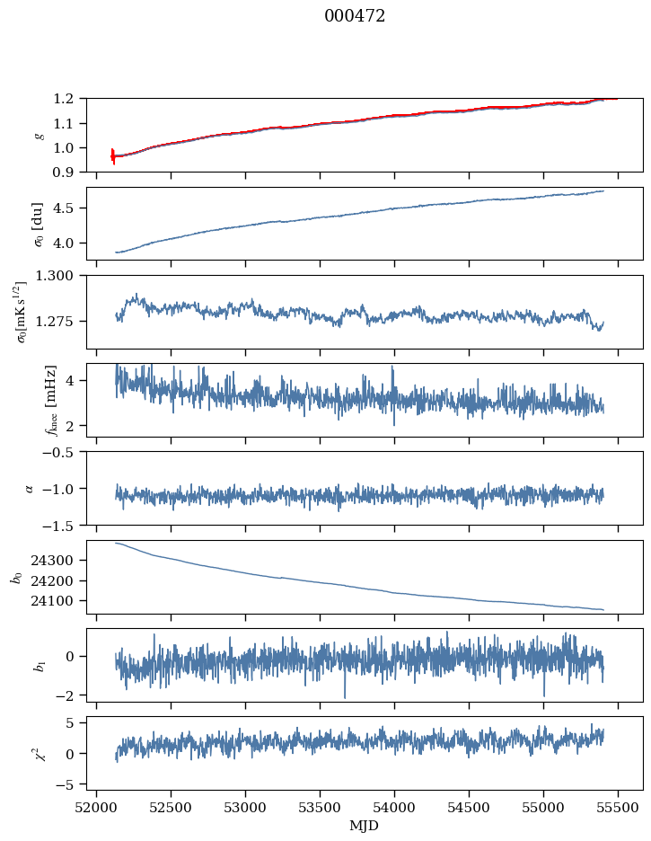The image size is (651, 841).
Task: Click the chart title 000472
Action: (x=355, y=16)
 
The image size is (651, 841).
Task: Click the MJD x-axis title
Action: (x=365, y=826)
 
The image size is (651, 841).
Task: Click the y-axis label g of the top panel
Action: (x=39, y=135)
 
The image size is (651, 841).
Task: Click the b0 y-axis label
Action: (x=15, y=577)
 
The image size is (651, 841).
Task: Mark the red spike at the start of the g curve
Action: (x=112, y=155)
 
